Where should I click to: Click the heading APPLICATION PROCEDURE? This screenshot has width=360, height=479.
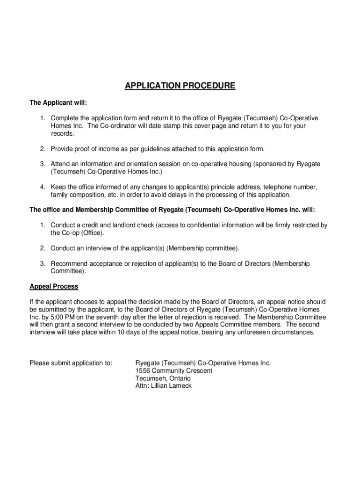[x=180, y=86]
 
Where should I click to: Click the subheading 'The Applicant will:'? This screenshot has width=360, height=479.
[x=58, y=102]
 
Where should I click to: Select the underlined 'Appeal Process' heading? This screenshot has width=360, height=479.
[x=54, y=286]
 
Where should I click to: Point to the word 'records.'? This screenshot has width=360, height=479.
[x=63, y=134]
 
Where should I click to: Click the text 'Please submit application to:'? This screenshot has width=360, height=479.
[x=71, y=363]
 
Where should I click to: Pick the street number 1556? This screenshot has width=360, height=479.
[x=143, y=370]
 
